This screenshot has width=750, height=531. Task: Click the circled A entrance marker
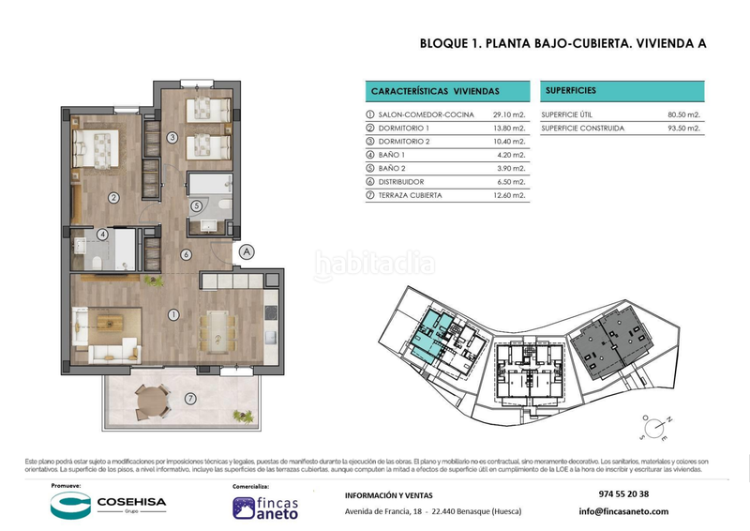coord(246,251)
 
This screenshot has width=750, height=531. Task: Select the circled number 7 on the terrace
coord(190,399)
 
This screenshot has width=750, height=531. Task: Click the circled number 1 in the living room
coord(172,314)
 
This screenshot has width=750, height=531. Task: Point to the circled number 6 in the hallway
coord(186,254)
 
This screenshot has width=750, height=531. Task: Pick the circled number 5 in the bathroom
coord(195,206)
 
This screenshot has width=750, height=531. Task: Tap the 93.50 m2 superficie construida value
coord(684,129)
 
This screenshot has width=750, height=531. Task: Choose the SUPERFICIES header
coord(569,90)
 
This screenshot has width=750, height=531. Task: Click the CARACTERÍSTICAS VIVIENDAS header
coord(435,91)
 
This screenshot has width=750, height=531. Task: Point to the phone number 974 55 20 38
coord(622,494)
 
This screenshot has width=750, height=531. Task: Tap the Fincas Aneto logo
coord(265,507)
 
